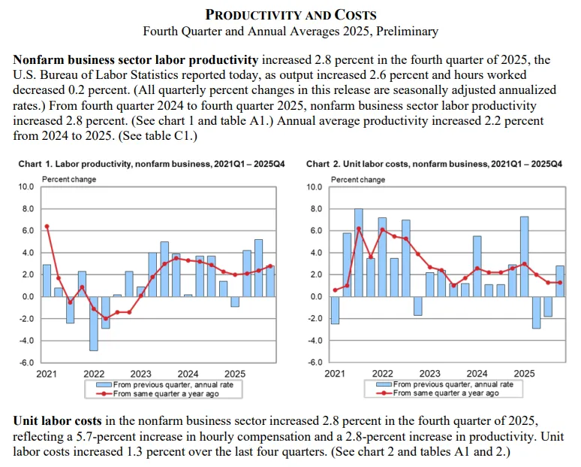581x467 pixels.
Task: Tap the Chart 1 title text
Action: pos(152,164)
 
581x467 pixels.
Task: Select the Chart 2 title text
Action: pos(434,164)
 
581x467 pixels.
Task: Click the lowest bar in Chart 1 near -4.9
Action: pos(94,323)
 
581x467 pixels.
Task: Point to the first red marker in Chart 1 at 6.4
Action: pos(47,226)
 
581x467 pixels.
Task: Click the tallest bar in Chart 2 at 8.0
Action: pos(359,253)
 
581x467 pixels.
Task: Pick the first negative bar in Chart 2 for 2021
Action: pos(335,310)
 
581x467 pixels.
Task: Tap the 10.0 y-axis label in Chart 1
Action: pos(26,186)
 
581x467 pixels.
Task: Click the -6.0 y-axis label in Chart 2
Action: pos(315,362)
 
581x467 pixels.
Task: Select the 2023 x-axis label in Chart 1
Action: pos(141,374)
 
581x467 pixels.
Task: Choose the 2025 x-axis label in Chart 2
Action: pos(524,374)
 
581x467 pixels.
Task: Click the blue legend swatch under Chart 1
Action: pos(104,384)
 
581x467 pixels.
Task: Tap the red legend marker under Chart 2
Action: pos(384,393)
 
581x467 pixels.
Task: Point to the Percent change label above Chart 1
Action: pos(69,179)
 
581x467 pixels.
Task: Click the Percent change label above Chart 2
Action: pos(358,180)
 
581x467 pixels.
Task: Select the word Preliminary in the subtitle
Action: pos(407,31)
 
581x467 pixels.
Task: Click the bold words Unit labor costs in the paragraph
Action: pos(58,421)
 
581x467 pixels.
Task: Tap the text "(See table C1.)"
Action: pos(158,136)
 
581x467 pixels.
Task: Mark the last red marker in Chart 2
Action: pos(560,283)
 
